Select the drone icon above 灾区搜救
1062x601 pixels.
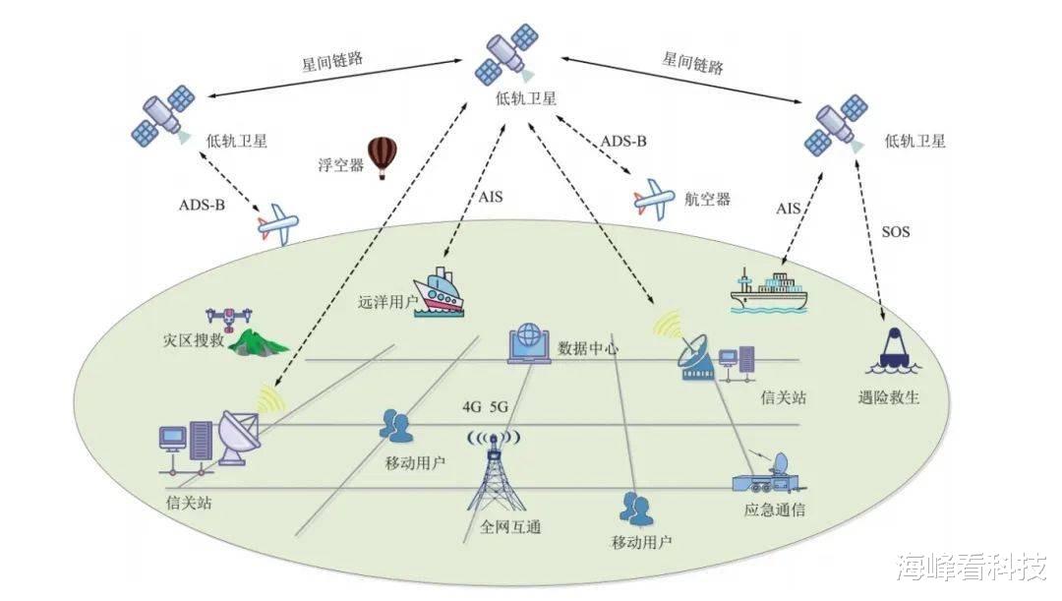tap(227, 318)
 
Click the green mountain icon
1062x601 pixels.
tap(259, 341)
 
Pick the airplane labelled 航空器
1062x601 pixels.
tap(655, 198)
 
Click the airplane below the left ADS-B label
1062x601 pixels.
tap(278, 225)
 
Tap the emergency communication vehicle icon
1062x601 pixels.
tap(770, 474)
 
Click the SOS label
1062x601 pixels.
tap(895, 233)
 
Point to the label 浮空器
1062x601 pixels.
tap(340, 164)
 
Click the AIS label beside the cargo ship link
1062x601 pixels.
tap(789, 209)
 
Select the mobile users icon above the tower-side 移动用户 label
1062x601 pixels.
tap(396, 425)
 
